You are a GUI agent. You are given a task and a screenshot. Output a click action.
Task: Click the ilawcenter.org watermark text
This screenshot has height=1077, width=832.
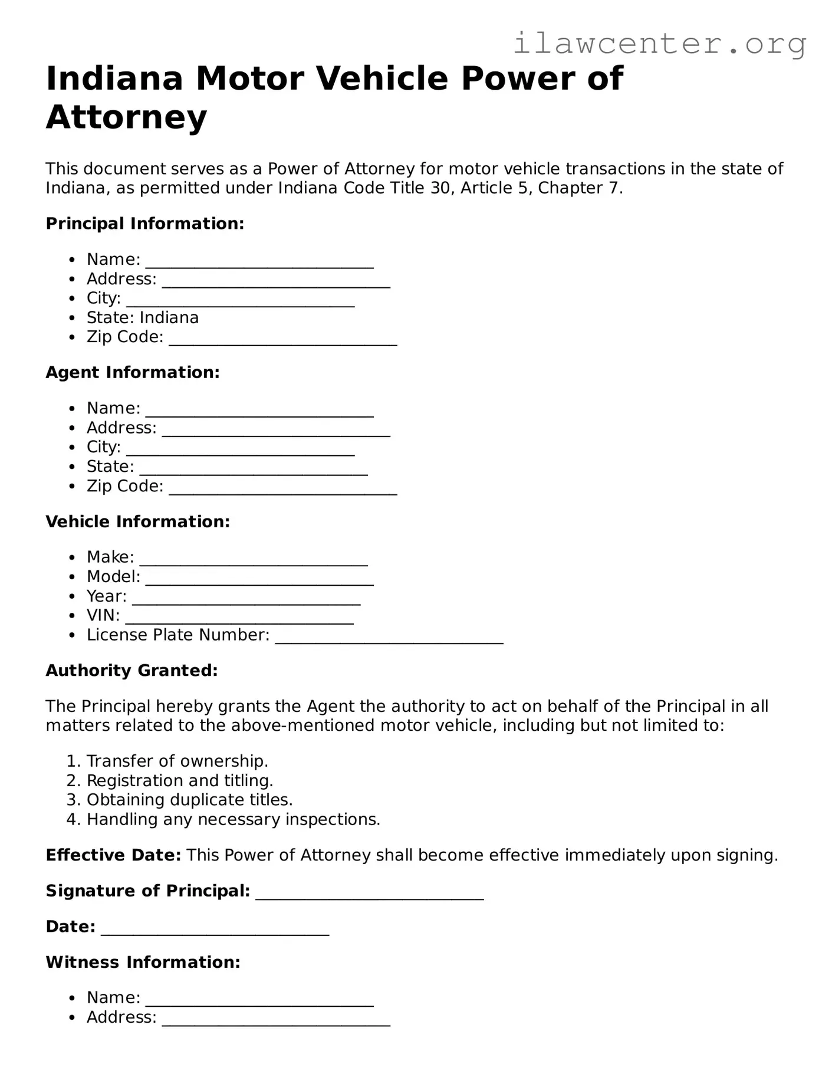pos(659,44)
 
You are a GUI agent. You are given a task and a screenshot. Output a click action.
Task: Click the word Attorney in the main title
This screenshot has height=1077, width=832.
pos(126,117)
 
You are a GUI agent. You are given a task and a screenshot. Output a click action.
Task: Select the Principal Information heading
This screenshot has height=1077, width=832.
pos(144,224)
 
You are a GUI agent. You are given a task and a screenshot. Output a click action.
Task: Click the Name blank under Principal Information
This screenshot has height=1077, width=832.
pos(259,262)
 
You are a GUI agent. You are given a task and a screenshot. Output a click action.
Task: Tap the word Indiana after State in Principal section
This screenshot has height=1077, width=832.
pos(169,318)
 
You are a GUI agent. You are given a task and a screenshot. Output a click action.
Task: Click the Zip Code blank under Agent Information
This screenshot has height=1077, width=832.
pos(283,490)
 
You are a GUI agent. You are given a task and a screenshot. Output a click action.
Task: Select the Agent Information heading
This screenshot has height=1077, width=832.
pos(132,373)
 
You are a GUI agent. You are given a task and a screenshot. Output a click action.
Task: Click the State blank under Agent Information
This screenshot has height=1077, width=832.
pos(254,470)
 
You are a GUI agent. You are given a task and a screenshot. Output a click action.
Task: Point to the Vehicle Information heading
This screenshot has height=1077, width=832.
pos(137,522)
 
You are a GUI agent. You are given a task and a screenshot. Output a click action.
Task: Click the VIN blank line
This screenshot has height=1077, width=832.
pos(239,619)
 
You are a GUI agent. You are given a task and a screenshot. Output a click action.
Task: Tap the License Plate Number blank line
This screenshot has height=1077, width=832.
pos(389,638)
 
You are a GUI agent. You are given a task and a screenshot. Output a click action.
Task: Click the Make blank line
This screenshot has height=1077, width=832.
pos(254,560)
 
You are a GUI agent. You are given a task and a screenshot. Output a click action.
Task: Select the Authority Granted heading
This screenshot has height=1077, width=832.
pos(131,671)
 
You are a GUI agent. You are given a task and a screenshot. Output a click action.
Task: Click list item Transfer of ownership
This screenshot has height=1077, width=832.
pos(177,761)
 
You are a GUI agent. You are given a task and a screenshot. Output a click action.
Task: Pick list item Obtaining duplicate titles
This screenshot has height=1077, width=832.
pos(189,800)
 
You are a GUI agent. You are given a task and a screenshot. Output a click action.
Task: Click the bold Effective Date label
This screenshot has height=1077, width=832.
pos(113,855)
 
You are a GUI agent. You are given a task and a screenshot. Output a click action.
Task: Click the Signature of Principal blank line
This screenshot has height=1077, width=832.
pos(370,894)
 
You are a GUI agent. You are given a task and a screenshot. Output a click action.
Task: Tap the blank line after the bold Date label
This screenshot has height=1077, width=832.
pos(215,930)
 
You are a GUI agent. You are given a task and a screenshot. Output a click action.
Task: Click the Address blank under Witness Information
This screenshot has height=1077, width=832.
pos(276,1020)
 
